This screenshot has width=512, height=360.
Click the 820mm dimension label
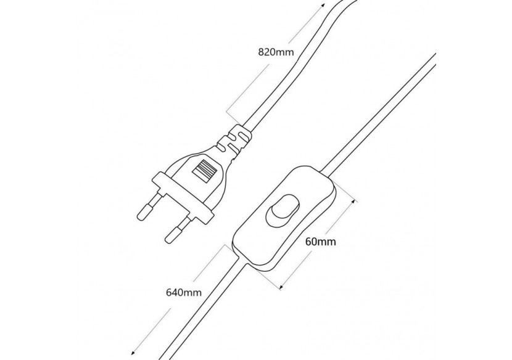pos(276,52)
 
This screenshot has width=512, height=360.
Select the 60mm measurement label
pos(320,242)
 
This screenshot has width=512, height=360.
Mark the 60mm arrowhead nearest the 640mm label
pos(283,285)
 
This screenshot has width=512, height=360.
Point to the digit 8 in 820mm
pos(261,52)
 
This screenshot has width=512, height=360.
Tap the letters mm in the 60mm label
pos(327,242)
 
